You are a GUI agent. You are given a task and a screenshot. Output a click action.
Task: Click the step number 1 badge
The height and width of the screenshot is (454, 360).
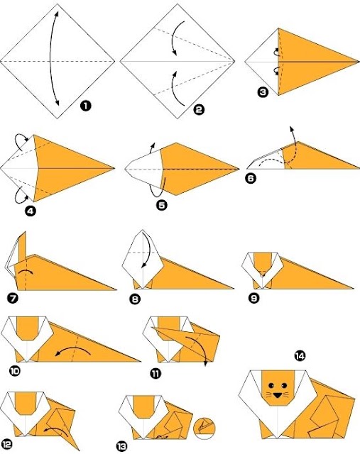coord(85,106)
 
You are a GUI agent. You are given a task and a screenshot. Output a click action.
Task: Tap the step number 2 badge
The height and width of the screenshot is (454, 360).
coord(199,109)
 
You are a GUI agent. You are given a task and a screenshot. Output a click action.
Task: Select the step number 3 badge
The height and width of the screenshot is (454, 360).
coord(263,92)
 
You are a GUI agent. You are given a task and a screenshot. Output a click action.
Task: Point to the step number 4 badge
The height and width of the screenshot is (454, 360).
coord(31,211)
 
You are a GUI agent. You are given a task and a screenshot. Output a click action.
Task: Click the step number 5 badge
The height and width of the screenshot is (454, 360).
coord(162,205)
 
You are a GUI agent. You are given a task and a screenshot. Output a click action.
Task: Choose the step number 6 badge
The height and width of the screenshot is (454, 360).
coord(251,178)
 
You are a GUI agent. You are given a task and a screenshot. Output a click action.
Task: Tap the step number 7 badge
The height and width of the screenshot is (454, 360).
coord(13,298)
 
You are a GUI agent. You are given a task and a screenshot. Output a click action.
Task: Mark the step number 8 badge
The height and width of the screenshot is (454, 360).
coord(135,299)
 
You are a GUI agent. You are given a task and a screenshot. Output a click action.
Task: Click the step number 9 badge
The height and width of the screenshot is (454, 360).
coord(254,298)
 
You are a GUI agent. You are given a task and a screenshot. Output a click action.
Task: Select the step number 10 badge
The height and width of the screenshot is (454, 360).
coord(14,370)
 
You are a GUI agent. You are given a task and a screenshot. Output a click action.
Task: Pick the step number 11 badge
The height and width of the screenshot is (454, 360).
coord(156,374)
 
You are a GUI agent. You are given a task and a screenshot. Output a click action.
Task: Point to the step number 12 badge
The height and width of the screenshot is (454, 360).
coord(6,444)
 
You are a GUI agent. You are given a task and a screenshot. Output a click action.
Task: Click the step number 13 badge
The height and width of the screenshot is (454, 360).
coord(122,446)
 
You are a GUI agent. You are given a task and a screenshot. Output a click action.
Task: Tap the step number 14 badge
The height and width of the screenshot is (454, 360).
coord(300,355)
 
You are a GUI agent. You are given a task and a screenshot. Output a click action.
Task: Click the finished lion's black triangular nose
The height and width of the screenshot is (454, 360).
coord(278,395)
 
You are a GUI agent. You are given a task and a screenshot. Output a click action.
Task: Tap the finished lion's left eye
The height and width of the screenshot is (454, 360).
coord(271,385)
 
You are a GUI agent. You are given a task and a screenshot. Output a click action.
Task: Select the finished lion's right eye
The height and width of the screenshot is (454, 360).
coord(284,385)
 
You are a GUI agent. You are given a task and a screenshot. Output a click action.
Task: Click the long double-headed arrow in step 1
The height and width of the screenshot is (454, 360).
coord(51,58)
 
